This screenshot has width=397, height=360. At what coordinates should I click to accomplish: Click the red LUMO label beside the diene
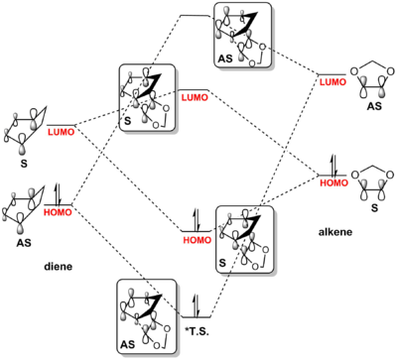pyautogui.click(x=62, y=132)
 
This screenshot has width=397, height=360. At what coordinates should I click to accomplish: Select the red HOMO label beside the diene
pyautogui.click(x=58, y=212)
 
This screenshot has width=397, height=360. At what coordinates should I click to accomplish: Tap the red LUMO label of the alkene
pyautogui.click(x=333, y=81)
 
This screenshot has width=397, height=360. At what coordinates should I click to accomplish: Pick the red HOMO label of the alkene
pyautogui.click(x=333, y=182)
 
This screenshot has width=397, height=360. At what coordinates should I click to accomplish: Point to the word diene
pyautogui.click(x=59, y=266)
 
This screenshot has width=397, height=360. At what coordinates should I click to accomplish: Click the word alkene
pyautogui.click(x=335, y=232)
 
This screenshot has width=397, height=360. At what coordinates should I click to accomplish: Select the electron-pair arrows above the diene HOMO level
pyautogui.click(x=59, y=193)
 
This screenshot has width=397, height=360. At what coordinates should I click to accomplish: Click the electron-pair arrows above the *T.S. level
pyautogui.click(x=197, y=304)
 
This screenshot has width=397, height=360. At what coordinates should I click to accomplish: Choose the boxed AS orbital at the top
pyautogui.click(x=242, y=36)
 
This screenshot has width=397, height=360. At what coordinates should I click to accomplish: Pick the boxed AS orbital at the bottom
pyautogui.click(x=147, y=317)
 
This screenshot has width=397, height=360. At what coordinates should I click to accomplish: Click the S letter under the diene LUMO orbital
pyautogui.click(x=24, y=164)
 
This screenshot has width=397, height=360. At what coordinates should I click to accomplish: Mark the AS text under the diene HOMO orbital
pyautogui.click(x=24, y=243)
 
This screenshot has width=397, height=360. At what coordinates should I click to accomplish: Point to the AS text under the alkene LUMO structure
pyautogui.click(x=374, y=106)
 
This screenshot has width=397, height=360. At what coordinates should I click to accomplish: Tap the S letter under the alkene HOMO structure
pyautogui.click(x=374, y=208)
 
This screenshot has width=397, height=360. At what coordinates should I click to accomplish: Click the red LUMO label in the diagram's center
pyautogui.click(x=195, y=97)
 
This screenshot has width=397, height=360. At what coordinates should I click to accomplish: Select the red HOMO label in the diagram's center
pyautogui.click(x=197, y=240)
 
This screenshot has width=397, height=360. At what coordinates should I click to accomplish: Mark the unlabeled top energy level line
pyautogui.click(x=195, y=15)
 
